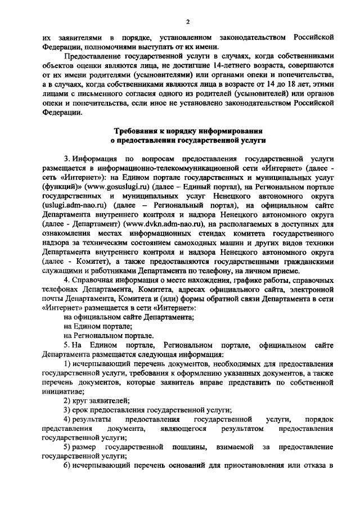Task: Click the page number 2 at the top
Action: tap(188, 21)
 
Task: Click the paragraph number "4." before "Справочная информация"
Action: tap(66, 280)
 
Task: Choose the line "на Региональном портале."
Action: tap(109, 335)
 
